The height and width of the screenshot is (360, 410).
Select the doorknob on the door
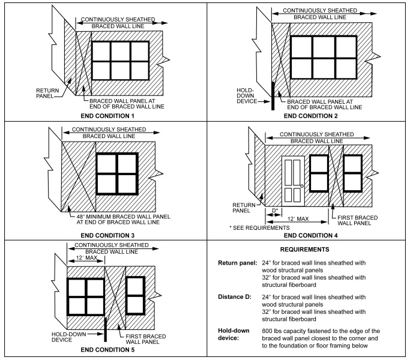(x=302, y=185)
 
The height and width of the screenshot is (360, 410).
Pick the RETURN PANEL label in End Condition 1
(x=46, y=92)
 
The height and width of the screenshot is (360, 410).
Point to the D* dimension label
(x=274, y=211)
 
